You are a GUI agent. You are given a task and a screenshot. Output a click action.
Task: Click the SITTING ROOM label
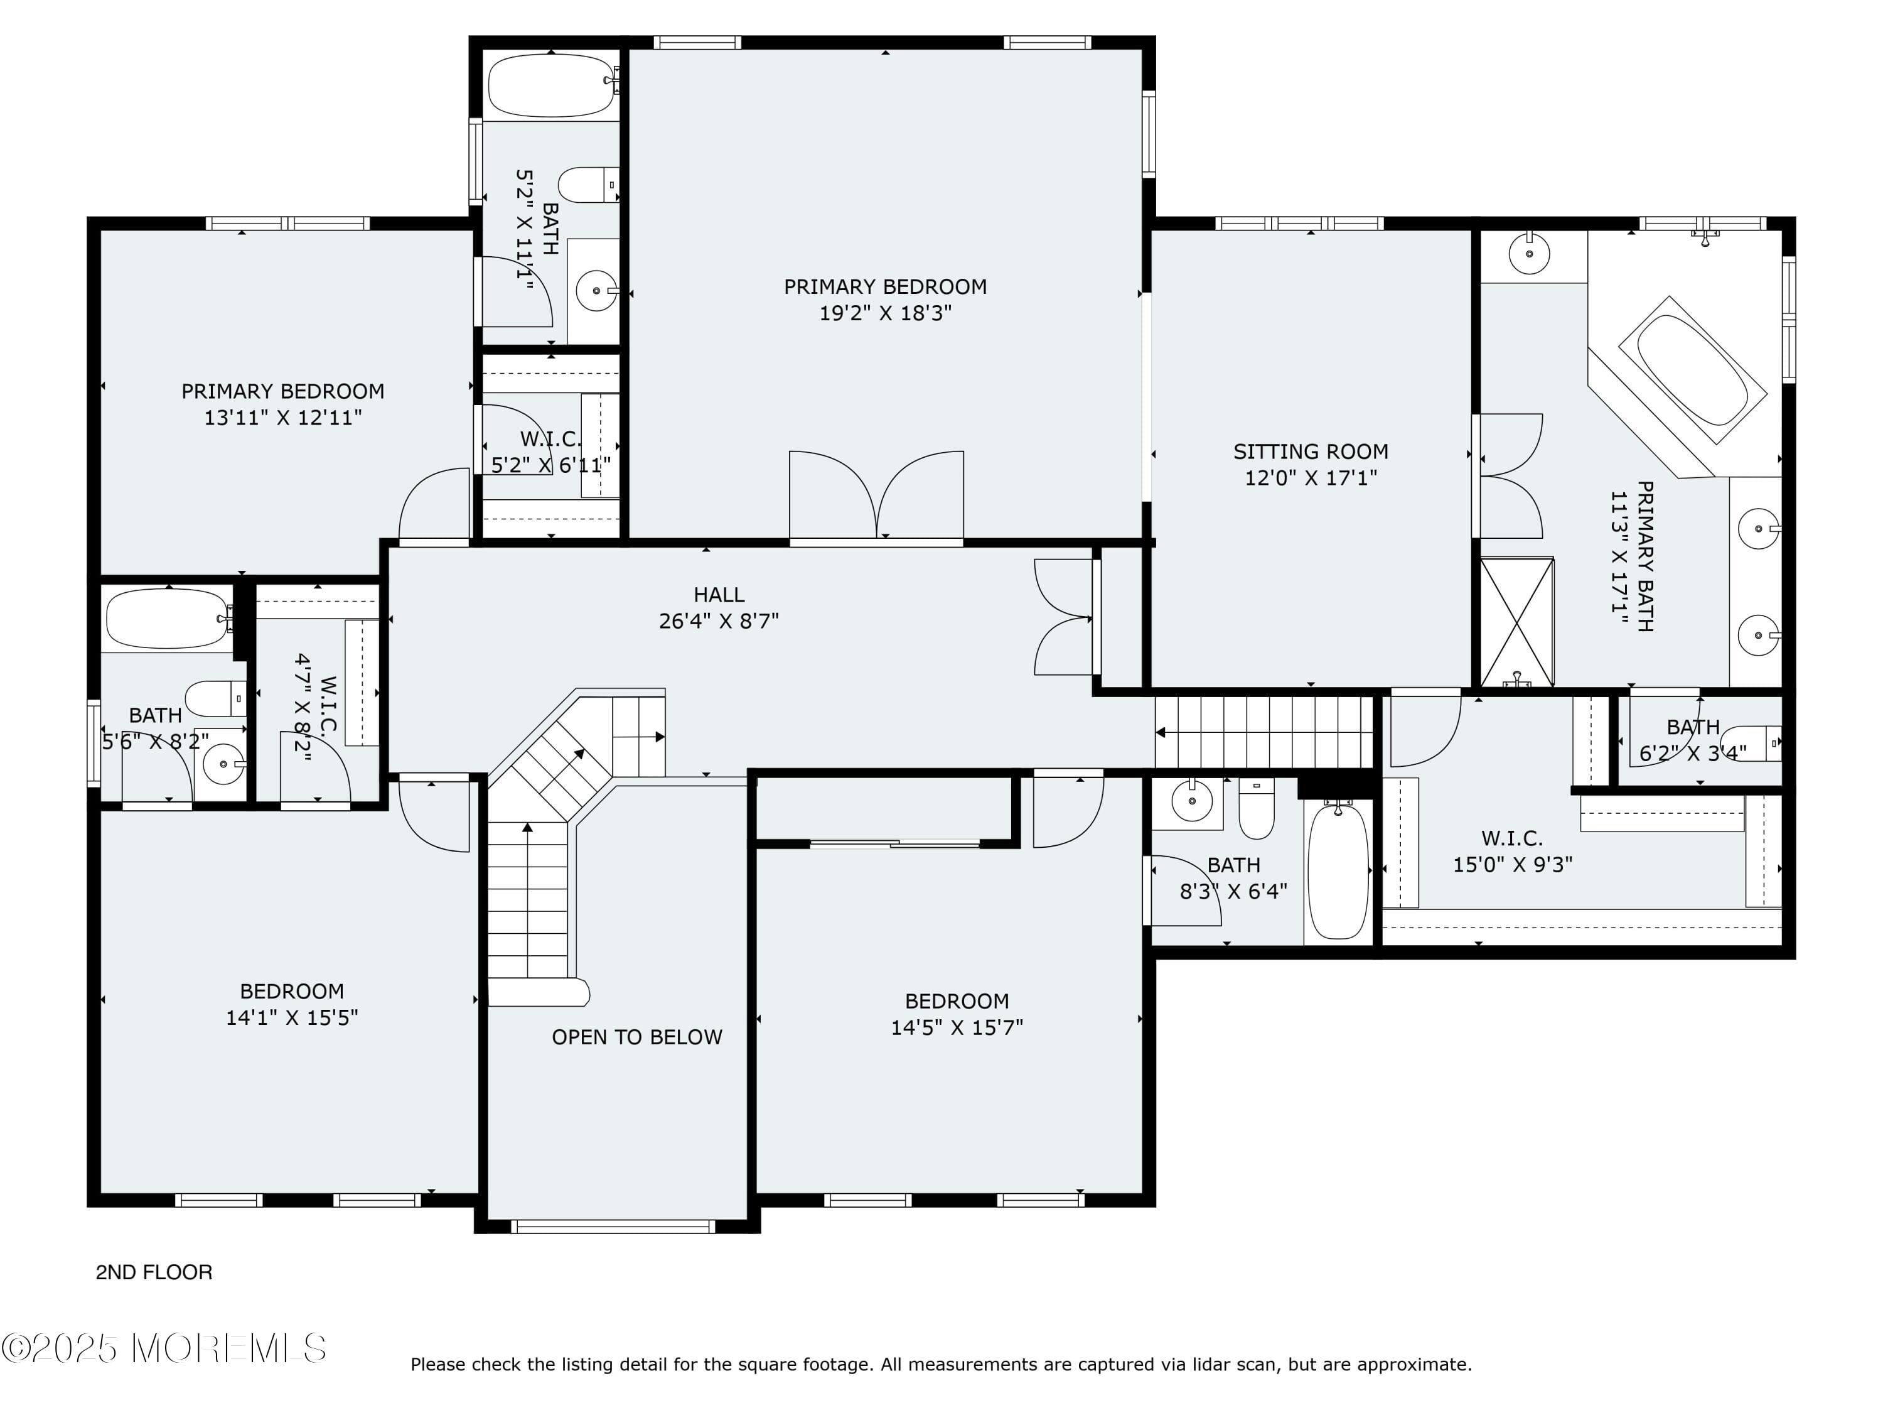point(1310,452)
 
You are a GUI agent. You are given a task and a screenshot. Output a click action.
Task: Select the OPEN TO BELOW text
point(636,1037)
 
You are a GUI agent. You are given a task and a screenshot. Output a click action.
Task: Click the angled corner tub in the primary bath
point(1692,371)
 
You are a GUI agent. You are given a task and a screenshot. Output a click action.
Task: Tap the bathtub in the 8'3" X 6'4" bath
point(1338,870)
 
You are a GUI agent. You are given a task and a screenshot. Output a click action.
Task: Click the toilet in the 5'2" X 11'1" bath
point(587,185)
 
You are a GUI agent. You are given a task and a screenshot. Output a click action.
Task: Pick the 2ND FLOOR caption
point(154,1272)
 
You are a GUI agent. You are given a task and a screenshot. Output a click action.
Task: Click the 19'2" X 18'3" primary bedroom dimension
point(884,313)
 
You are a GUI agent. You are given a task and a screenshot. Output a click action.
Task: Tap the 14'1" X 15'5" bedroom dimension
point(291,1017)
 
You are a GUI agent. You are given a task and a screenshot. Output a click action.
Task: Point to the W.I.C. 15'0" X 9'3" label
point(1512,851)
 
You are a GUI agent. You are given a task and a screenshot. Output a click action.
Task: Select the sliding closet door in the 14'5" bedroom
point(894,843)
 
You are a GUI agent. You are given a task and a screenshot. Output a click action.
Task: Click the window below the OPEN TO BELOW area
point(612,1226)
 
